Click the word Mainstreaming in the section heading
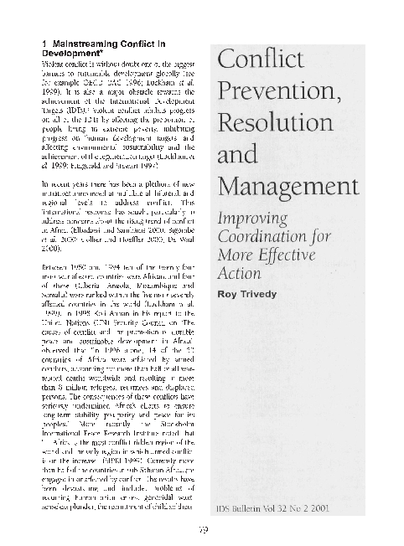(80, 43)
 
